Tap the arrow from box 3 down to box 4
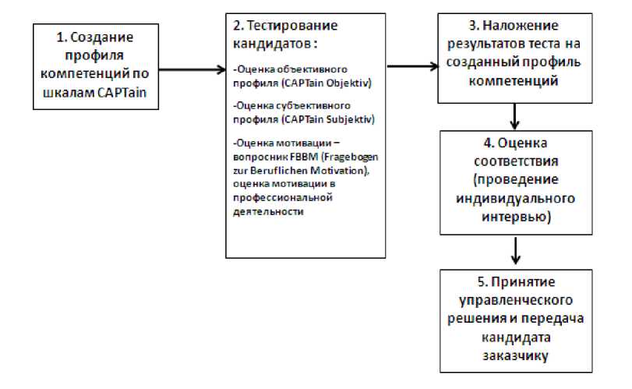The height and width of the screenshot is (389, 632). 514,117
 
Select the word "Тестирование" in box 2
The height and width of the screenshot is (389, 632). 300,26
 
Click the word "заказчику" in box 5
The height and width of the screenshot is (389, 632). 515,356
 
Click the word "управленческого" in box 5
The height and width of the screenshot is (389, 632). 515,300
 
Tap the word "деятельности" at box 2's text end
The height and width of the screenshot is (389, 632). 268,210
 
